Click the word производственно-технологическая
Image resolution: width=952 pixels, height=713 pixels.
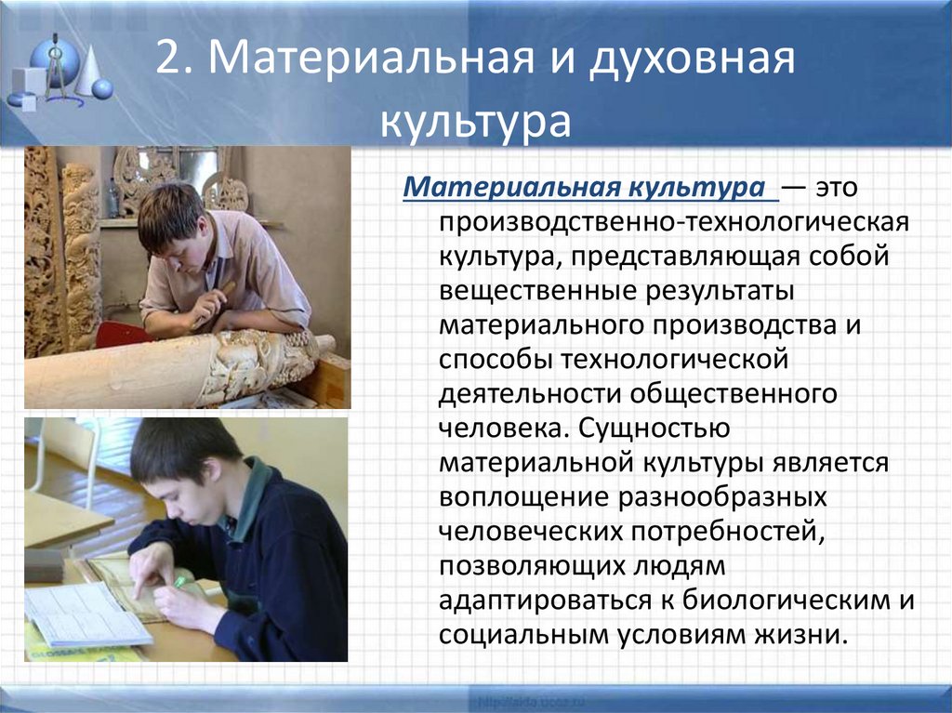click(x=674, y=225)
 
